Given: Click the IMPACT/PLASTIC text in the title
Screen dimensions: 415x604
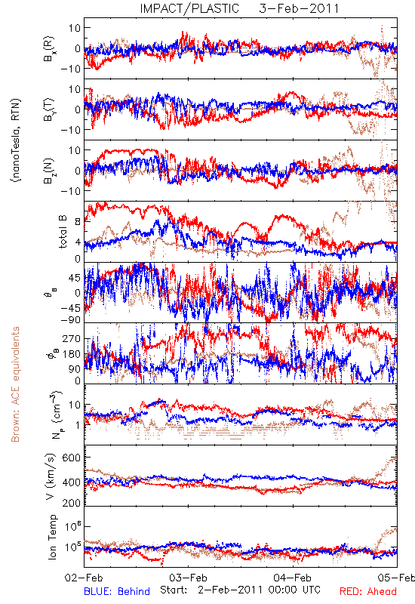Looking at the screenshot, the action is (189, 8).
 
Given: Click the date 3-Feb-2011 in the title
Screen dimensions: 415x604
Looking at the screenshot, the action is (299, 8).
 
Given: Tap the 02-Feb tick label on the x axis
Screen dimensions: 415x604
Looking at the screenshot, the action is (84, 578).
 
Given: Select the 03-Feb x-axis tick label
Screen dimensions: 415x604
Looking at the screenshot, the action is (188, 578).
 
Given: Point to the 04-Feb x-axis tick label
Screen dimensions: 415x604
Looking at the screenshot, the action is (293, 578).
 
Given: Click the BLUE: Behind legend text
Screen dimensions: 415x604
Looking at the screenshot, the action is (117, 591).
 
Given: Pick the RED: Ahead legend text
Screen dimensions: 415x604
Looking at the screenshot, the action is (368, 591).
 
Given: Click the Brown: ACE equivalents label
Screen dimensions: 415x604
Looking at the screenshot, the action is (15, 384).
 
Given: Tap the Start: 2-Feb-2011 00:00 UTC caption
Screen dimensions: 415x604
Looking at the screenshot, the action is (240, 590).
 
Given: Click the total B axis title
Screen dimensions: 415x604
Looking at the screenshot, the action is (63, 232).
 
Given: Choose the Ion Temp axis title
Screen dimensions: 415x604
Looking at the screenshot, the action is (52, 537).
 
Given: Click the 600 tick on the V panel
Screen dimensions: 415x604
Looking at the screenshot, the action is (71, 458).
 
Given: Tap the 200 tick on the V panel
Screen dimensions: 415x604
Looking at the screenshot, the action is (71, 502).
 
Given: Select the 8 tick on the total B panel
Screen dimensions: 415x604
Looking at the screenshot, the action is (78, 221).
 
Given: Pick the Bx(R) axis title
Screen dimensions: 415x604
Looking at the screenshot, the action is (49, 49).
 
